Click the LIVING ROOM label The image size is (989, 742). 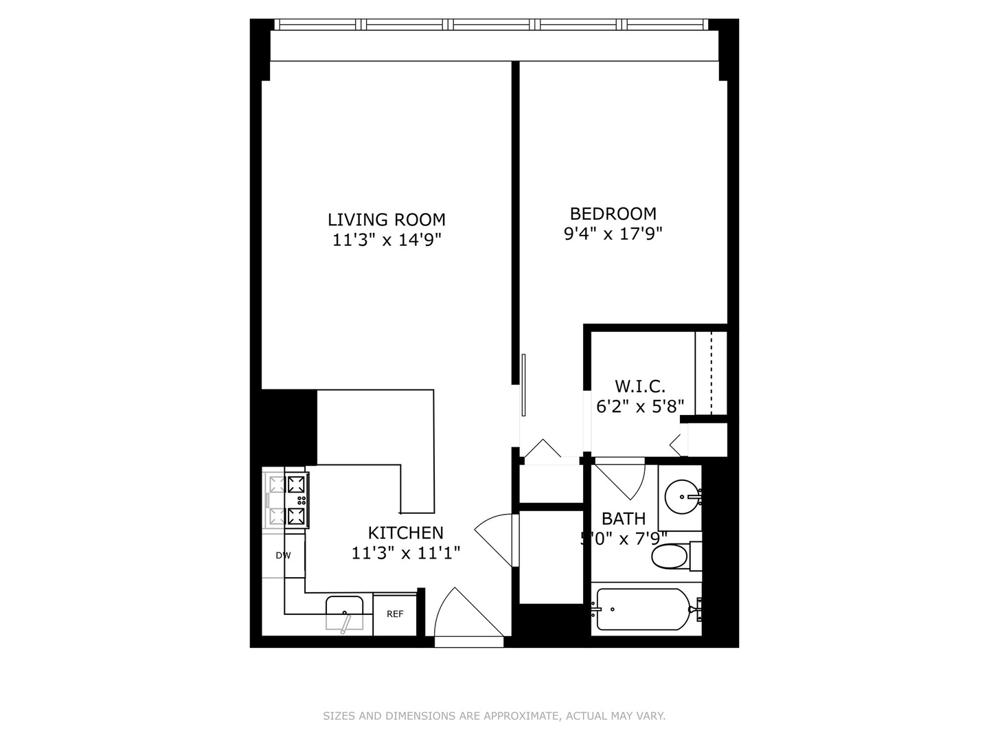point(386,220)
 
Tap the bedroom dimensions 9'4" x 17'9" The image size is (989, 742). point(613,234)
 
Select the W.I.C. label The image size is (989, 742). point(639,386)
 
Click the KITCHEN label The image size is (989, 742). point(405,532)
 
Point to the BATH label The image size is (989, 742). point(623,519)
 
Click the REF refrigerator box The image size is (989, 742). point(395,614)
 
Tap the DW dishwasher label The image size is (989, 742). point(283,555)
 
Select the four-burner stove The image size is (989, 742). point(286,501)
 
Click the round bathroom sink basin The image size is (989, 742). point(682,495)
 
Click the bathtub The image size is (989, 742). point(644,609)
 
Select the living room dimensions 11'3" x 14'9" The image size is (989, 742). point(386,240)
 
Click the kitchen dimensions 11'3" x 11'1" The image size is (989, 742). point(405,552)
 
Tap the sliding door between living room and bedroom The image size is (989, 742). point(523,385)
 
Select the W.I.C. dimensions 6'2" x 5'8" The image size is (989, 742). point(639,406)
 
